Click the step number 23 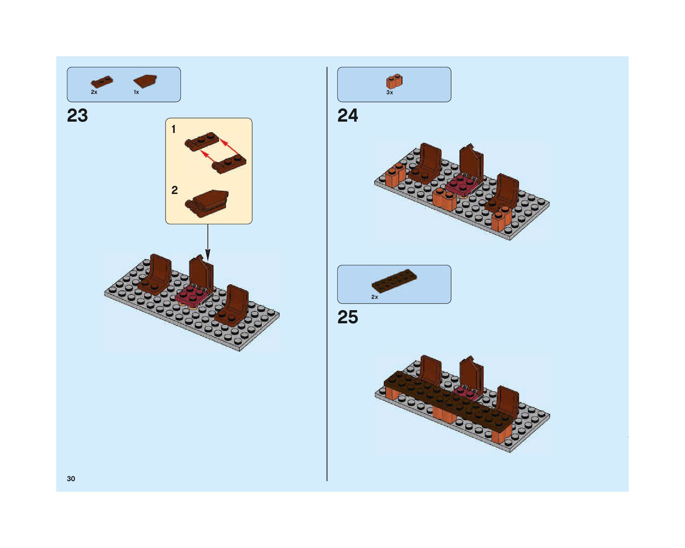click(x=77, y=116)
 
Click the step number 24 click(x=348, y=116)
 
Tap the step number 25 click(x=348, y=317)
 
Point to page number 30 click(x=71, y=479)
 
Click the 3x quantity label click(x=390, y=93)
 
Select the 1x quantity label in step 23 click(x=136, y=92)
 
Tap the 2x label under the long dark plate click(x=375, y=297)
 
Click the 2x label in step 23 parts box click(x=94, y=92)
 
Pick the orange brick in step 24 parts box click(x=394, y=81)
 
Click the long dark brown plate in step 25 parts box click(x=394, y=281)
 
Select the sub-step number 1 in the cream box click(x=174, y=129)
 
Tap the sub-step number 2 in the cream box click(x=174, y=190)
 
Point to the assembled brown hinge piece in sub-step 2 click(x=208, y=203)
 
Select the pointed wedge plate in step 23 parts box click(x=145, y=81)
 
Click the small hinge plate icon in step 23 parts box click(x=102, y=81)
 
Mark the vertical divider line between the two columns click(x=327, y=274)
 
